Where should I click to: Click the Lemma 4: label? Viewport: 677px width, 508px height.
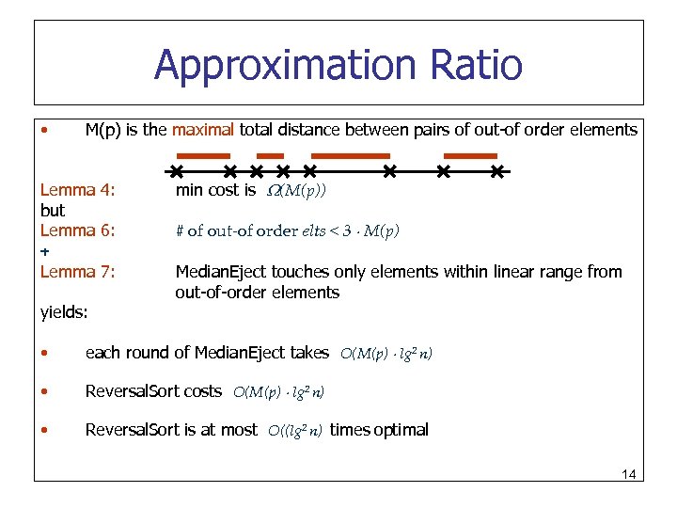coord(77,190)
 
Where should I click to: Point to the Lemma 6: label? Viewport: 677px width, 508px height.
coord(77,230)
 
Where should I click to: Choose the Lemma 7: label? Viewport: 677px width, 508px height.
coord(77,272)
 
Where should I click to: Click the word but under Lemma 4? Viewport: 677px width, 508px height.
coord(53,211)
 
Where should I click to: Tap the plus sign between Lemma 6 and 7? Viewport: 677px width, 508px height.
coord(45,251)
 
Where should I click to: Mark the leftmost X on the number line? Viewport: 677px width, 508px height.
coord(175,171)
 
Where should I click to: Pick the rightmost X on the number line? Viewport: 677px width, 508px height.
coord(498,171)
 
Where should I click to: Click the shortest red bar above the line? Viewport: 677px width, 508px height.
coord(270,154)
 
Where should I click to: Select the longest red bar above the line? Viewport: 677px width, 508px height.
coord(350,154)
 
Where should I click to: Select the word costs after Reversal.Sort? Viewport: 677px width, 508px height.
coord(203,390)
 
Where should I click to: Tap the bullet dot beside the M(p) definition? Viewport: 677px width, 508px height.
coord(45,130)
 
